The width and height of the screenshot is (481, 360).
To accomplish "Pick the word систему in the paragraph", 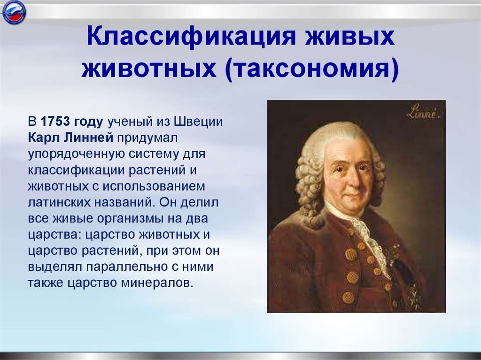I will point(148,154).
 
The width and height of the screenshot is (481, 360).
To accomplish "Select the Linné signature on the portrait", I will point(421,113).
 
